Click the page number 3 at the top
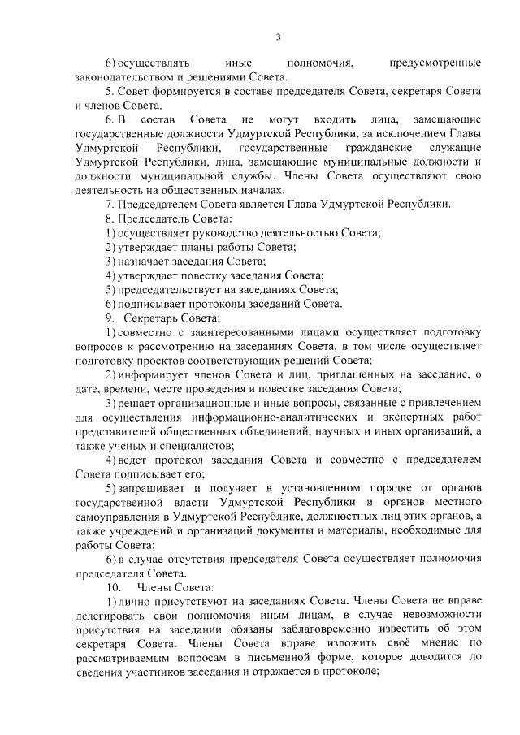pyautogui.click(x=278, y=37)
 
